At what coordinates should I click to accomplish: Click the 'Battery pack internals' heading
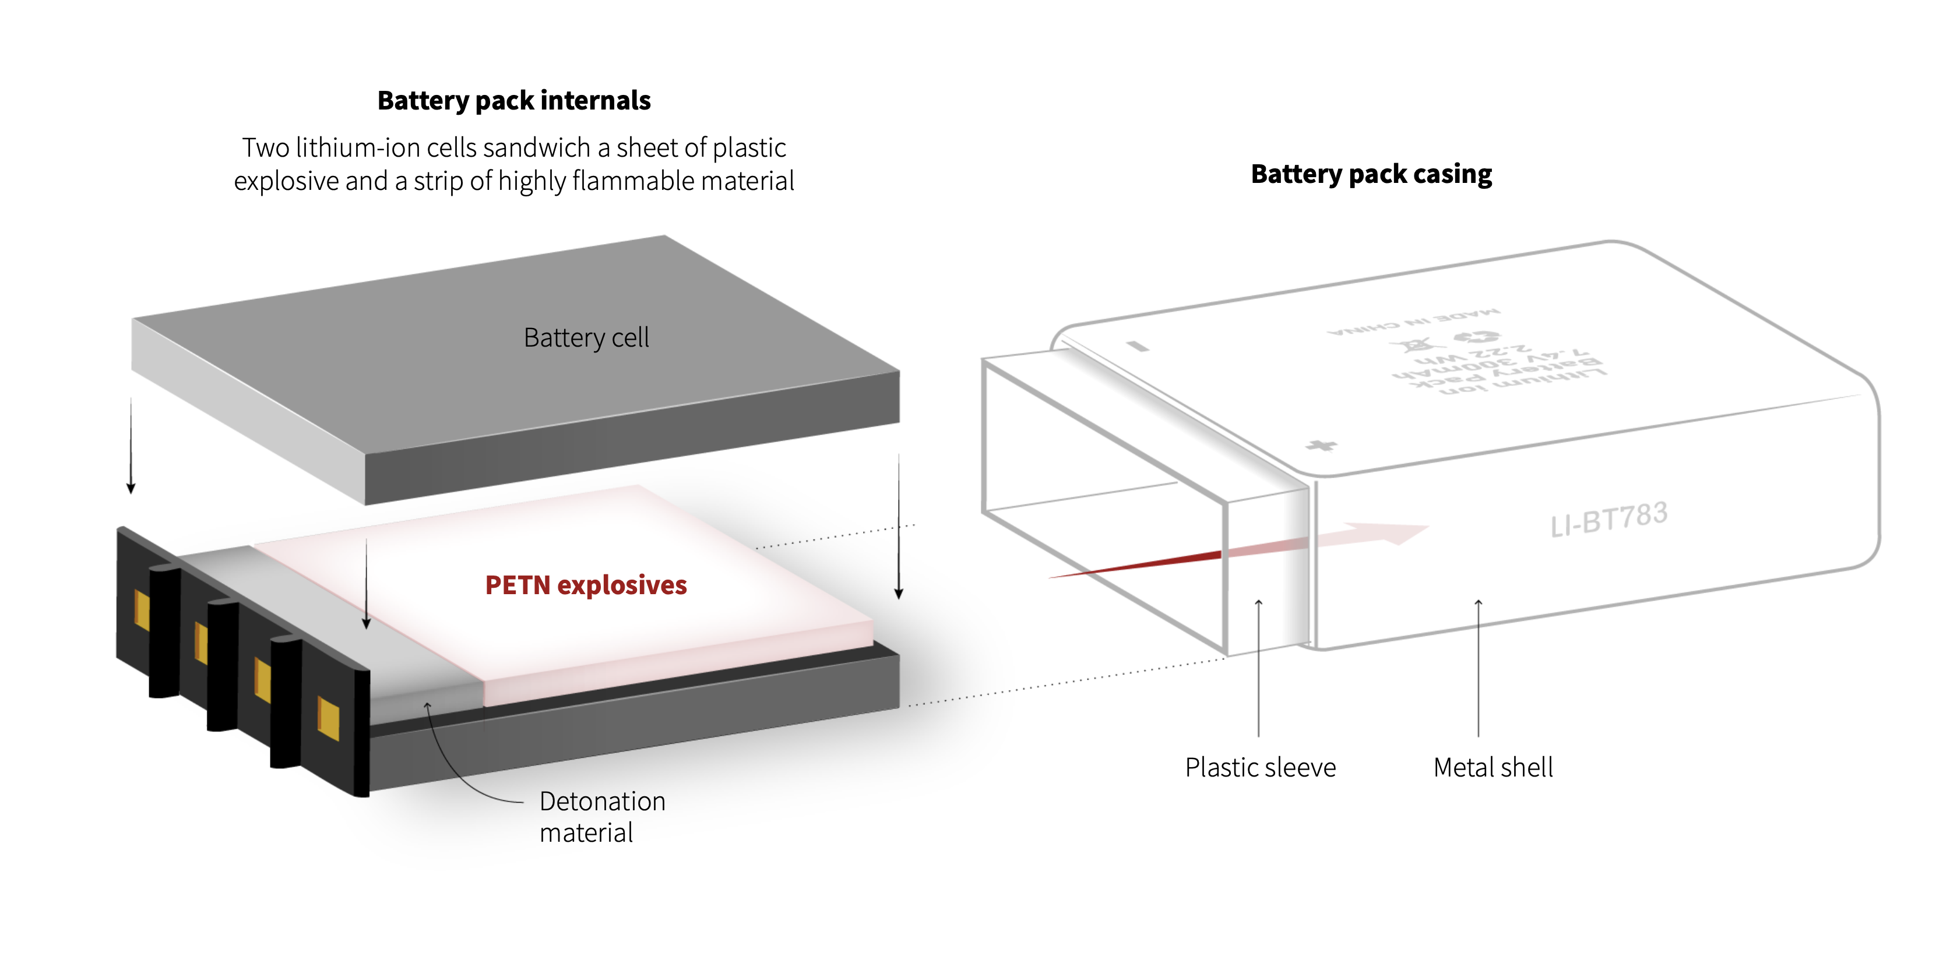[x=513, y=100]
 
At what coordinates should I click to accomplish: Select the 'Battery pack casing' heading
[x=1371, y=174]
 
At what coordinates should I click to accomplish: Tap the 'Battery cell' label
[x=586, y=338]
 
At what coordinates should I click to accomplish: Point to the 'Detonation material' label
[x=602, y=817]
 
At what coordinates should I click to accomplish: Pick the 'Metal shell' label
[x=1493, y=768]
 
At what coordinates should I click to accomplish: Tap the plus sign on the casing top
[x=1321, y=445]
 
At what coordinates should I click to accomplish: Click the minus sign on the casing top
[x=1138, y=346]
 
